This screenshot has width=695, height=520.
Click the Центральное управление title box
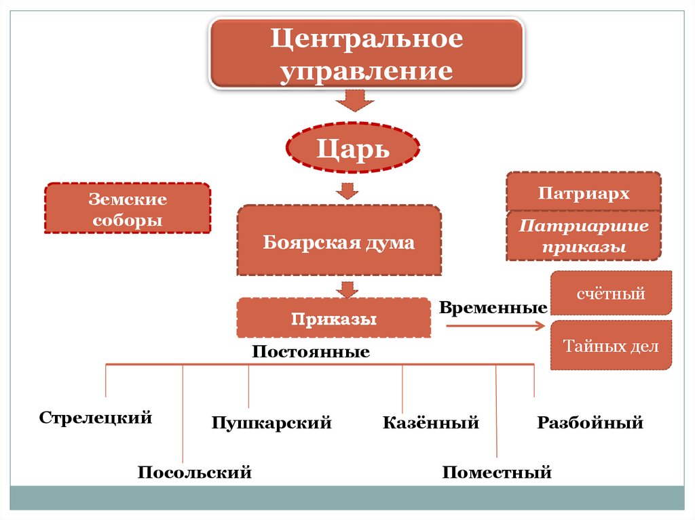click(x=366, y=54)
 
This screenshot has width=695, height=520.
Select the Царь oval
click(x=353, y=148)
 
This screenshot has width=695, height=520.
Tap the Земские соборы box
click(x=127, y=209)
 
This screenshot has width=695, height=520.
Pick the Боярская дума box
click(x=339, y=241)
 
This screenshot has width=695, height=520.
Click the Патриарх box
click(x=584, y=193)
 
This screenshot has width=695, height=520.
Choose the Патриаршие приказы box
click(x=584, y=236)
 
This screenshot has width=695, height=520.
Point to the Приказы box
click(x=333, y=317)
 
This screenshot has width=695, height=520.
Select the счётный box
click(x=611, y=294)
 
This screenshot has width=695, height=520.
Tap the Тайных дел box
click(x=611, y=346)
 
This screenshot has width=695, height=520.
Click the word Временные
click(x=493, y=307)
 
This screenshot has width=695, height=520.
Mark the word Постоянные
click(x=311, y=352)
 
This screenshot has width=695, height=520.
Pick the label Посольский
click(x=195, y=471)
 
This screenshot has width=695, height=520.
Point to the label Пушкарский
click(x=271, y=423)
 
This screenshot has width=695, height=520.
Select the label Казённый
click(x=431, y=423)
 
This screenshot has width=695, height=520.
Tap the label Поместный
click(x=497, y=472)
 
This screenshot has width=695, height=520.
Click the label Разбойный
click(x=590, y=423)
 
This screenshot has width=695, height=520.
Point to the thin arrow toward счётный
click(x=495, y=326)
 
